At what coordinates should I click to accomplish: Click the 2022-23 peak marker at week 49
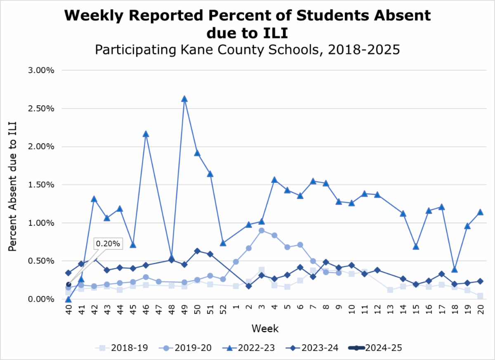184,99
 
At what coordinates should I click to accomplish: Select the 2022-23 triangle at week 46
146,134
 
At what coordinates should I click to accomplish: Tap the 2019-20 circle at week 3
262,230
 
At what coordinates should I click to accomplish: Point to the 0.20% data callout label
108,244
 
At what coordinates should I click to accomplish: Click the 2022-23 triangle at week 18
455,270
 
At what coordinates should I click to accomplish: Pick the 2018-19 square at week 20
480,296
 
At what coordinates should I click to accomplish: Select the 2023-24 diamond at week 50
197,251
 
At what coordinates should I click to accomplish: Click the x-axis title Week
265,329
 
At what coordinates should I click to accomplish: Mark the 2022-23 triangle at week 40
68,299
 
